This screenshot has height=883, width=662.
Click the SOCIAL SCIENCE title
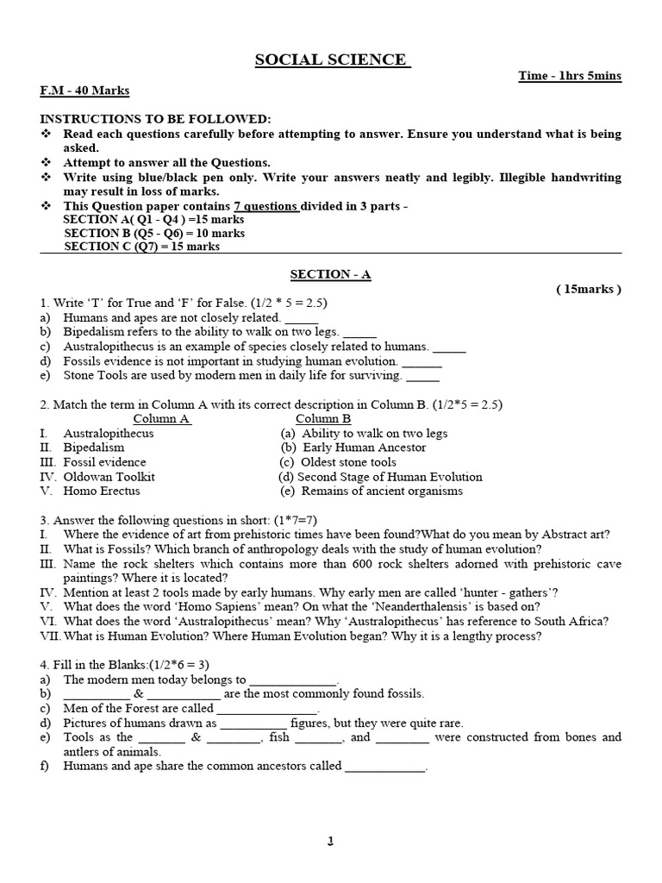click(x=332, y=59)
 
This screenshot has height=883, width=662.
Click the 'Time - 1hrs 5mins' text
click(x=569, y=76)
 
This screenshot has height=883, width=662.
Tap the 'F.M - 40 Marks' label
click(x=84, y=90)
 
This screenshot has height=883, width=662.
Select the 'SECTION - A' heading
click(x=330, y=274)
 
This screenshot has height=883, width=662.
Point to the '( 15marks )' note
click(x=588, y=289)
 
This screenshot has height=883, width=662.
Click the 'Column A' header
click(x=160, y=419)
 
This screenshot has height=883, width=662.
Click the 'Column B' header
click(x=322, y=419)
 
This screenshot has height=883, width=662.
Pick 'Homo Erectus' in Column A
click(x=101, y=492)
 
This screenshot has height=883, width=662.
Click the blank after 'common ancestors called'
click(x=385, y=767)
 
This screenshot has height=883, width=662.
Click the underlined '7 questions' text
click(x=266, y=206)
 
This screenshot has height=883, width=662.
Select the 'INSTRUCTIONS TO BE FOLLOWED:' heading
click(x=155, y=119)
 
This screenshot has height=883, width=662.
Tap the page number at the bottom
click(x=330, y=842)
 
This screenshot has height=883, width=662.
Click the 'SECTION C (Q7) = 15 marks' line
click(x=142, y=247)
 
